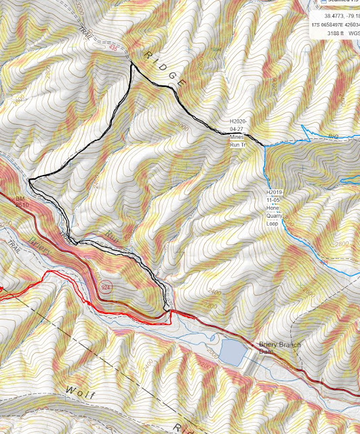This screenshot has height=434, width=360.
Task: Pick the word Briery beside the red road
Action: pos(41,246)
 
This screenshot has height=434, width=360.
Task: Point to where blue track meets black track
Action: pos(262,144)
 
